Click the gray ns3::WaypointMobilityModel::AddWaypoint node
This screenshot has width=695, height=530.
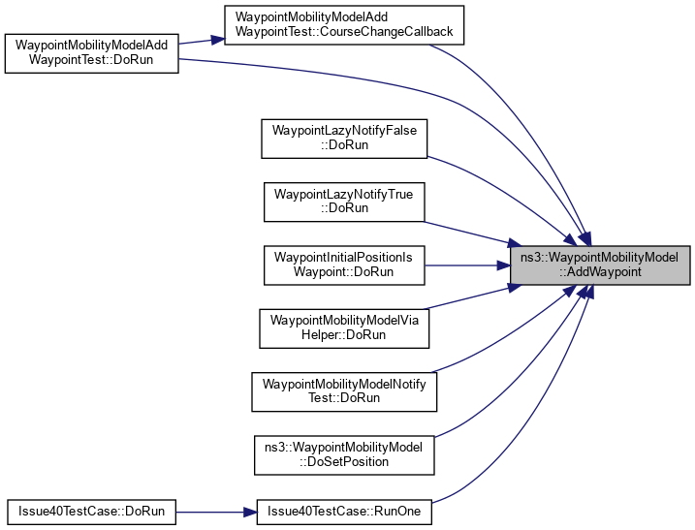point(601,265)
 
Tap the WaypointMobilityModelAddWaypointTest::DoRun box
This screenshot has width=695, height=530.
point(92,54)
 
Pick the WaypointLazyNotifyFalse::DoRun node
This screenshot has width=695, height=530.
point(345,138)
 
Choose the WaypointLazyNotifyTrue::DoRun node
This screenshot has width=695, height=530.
point(345,202)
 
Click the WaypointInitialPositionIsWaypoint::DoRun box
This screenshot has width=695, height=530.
point(345,265)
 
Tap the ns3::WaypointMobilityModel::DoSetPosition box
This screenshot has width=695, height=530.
point(344,455)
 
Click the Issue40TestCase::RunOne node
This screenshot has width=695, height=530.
point(344,512)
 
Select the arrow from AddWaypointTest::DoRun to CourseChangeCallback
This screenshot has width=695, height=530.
point(202,42)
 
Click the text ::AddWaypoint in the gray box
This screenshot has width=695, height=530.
point(601,273)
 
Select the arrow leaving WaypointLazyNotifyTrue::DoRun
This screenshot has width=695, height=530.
point(465,231)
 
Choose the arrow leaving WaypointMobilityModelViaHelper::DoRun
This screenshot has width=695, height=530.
point(465,299)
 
